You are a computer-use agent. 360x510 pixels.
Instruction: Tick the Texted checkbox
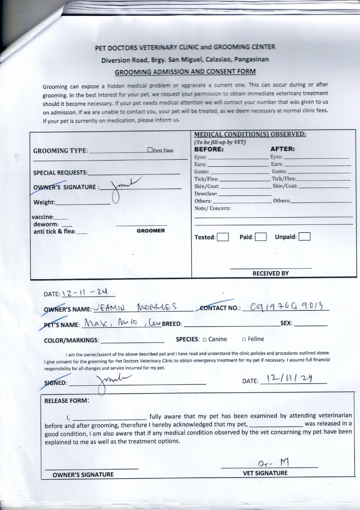pos(223,237)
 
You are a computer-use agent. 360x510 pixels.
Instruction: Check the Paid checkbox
pos(261,237)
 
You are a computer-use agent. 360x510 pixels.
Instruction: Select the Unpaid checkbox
pos(304,237)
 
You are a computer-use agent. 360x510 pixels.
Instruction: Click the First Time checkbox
pos(150,150)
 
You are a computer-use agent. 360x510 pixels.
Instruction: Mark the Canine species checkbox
pos(205,339)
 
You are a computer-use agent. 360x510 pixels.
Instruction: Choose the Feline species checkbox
pos(244,339)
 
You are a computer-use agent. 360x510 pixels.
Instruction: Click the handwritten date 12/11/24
pos(289,379)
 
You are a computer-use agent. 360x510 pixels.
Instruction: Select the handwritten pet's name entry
pos(120,323)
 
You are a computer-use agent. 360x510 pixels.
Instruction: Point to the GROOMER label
pos(151,231)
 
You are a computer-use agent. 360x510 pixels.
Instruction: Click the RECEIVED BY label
pos(270,273)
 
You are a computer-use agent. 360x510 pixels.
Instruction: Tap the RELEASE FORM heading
pos(66,400)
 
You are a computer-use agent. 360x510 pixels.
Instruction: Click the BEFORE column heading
pos(209,149)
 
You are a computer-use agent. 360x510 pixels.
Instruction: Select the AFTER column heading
pos(283,149)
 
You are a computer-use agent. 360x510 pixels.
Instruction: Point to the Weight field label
pos(44,203)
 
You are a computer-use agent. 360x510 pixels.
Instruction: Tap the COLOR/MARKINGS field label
pos(71,340)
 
